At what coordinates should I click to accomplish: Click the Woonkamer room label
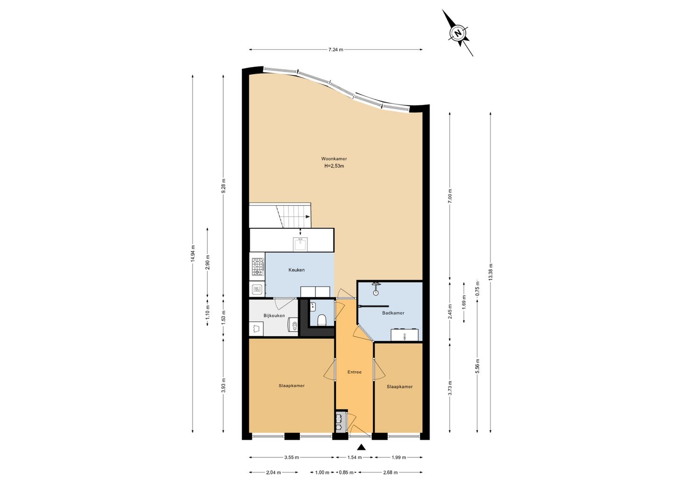coord(334,159)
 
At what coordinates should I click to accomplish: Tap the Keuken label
coord(296,270)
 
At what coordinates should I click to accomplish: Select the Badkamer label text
coord(393,313)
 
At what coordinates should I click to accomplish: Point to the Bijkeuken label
coord(274,316)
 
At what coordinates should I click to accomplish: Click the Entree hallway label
coord(354,372)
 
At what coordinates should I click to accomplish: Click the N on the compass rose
coord(457,33)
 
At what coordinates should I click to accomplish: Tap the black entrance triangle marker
coord(361,447)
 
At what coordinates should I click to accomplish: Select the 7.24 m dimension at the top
coord(336,50)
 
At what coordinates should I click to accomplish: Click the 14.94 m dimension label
coord(193,254)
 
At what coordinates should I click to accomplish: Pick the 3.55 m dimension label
coord(292,457)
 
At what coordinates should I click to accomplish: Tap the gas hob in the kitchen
coord(258,267)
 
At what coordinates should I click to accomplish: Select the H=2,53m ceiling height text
coord(334,166)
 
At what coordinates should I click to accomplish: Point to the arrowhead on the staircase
coord(308,217)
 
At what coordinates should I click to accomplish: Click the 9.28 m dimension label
coord(223,186)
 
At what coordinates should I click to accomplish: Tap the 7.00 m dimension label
coord(450,197)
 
